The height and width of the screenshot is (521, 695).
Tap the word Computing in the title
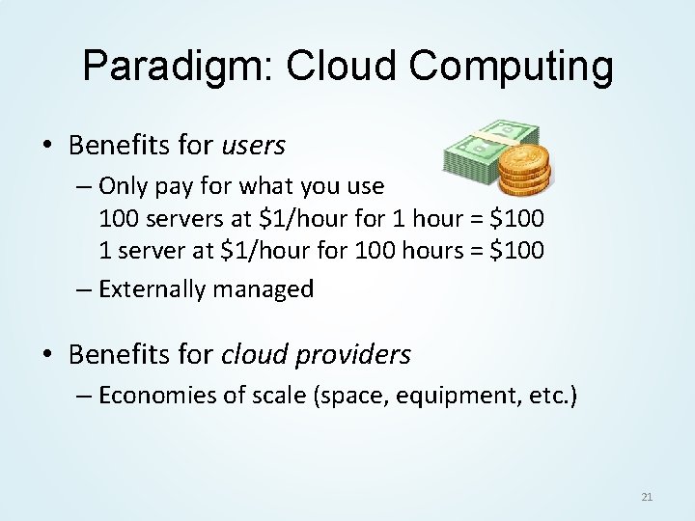(x=513, y=67)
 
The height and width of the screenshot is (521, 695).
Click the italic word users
(x=254, y=146)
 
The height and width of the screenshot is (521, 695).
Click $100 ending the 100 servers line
(x=518, y=219)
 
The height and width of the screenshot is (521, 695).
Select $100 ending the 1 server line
(x=518, y=251)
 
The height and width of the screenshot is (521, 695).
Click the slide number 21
(x=647, y=497)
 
